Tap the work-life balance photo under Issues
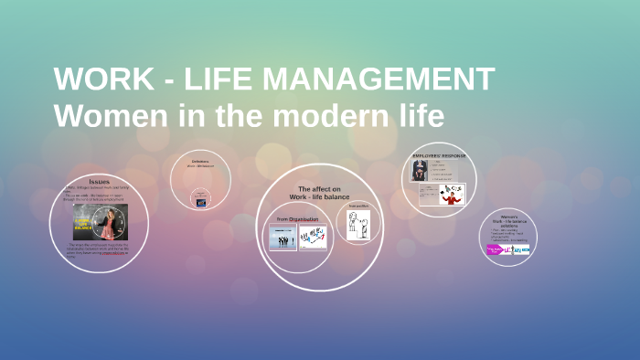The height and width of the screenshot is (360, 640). tap(100, 222)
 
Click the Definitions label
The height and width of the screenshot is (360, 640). tap(200, 160)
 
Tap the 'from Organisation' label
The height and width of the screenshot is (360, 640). tap(297, 218)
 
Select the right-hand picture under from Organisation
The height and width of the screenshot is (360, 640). tap(313, 238)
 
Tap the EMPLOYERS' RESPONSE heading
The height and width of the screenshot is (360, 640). tap(438, 156)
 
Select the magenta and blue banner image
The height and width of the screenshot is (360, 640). tap(507, 249)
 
